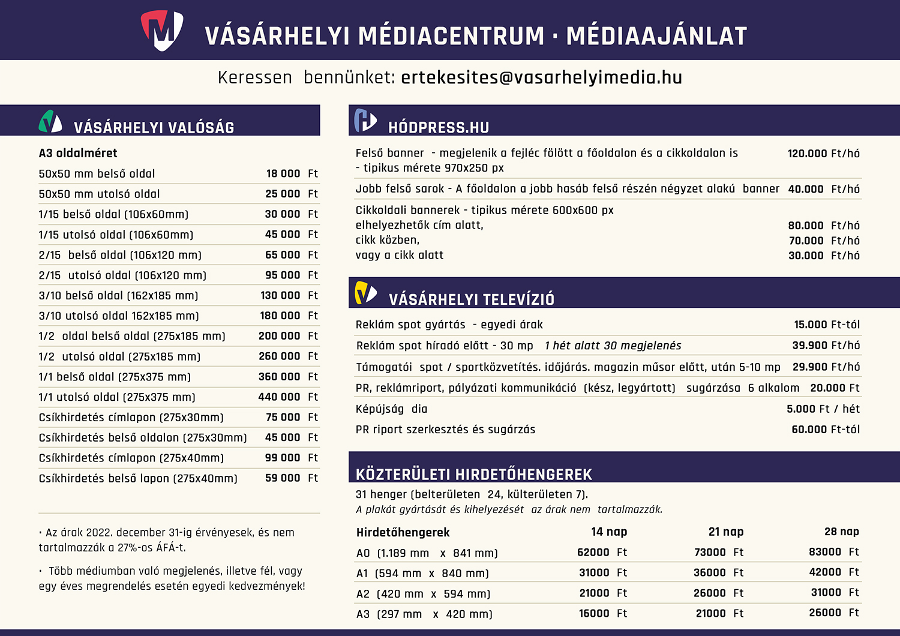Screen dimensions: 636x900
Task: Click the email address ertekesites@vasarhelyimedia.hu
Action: click(541, 77)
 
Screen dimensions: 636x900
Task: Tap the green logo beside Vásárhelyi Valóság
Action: click(50, 121)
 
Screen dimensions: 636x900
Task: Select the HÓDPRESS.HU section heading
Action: click(439, 127)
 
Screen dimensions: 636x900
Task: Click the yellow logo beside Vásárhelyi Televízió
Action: click(365, 293)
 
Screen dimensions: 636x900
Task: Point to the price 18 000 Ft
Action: click(292, 173)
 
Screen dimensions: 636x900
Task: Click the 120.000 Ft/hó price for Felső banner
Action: click(823, 154)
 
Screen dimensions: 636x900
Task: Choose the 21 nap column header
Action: click(725, 532)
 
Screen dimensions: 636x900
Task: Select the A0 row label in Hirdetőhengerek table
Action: click(363, 553)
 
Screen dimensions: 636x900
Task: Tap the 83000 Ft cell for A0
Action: click(833, 552)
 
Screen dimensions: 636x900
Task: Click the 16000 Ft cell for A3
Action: click(602, 613)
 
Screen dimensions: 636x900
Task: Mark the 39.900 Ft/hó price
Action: click(826, 346)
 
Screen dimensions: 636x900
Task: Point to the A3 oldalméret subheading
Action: click(78, 153)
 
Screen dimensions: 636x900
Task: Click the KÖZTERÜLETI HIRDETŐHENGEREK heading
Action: click(473, 475)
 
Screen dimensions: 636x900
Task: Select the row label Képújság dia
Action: click(391, 409)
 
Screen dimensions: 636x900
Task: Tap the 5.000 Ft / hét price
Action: click(823, 409)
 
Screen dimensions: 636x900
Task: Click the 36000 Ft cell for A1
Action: click(718, 572)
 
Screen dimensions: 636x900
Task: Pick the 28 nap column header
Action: click(841, 532)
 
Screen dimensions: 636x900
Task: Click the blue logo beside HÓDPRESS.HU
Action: click(365, 120)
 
